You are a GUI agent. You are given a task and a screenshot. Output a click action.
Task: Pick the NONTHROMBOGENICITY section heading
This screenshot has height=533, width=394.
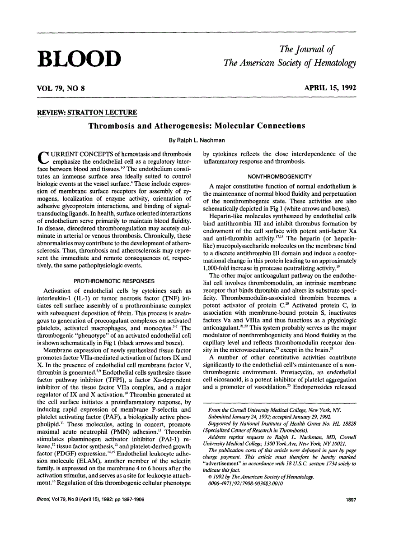pos(280,175)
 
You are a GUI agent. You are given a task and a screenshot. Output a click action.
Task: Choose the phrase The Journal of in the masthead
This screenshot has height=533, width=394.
pos(307,49)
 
